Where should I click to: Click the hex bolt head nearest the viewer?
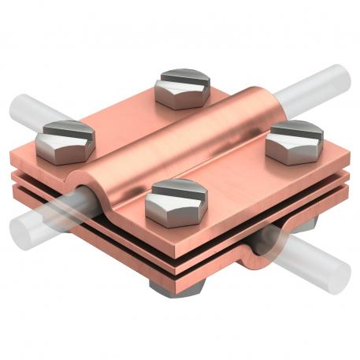177,198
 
